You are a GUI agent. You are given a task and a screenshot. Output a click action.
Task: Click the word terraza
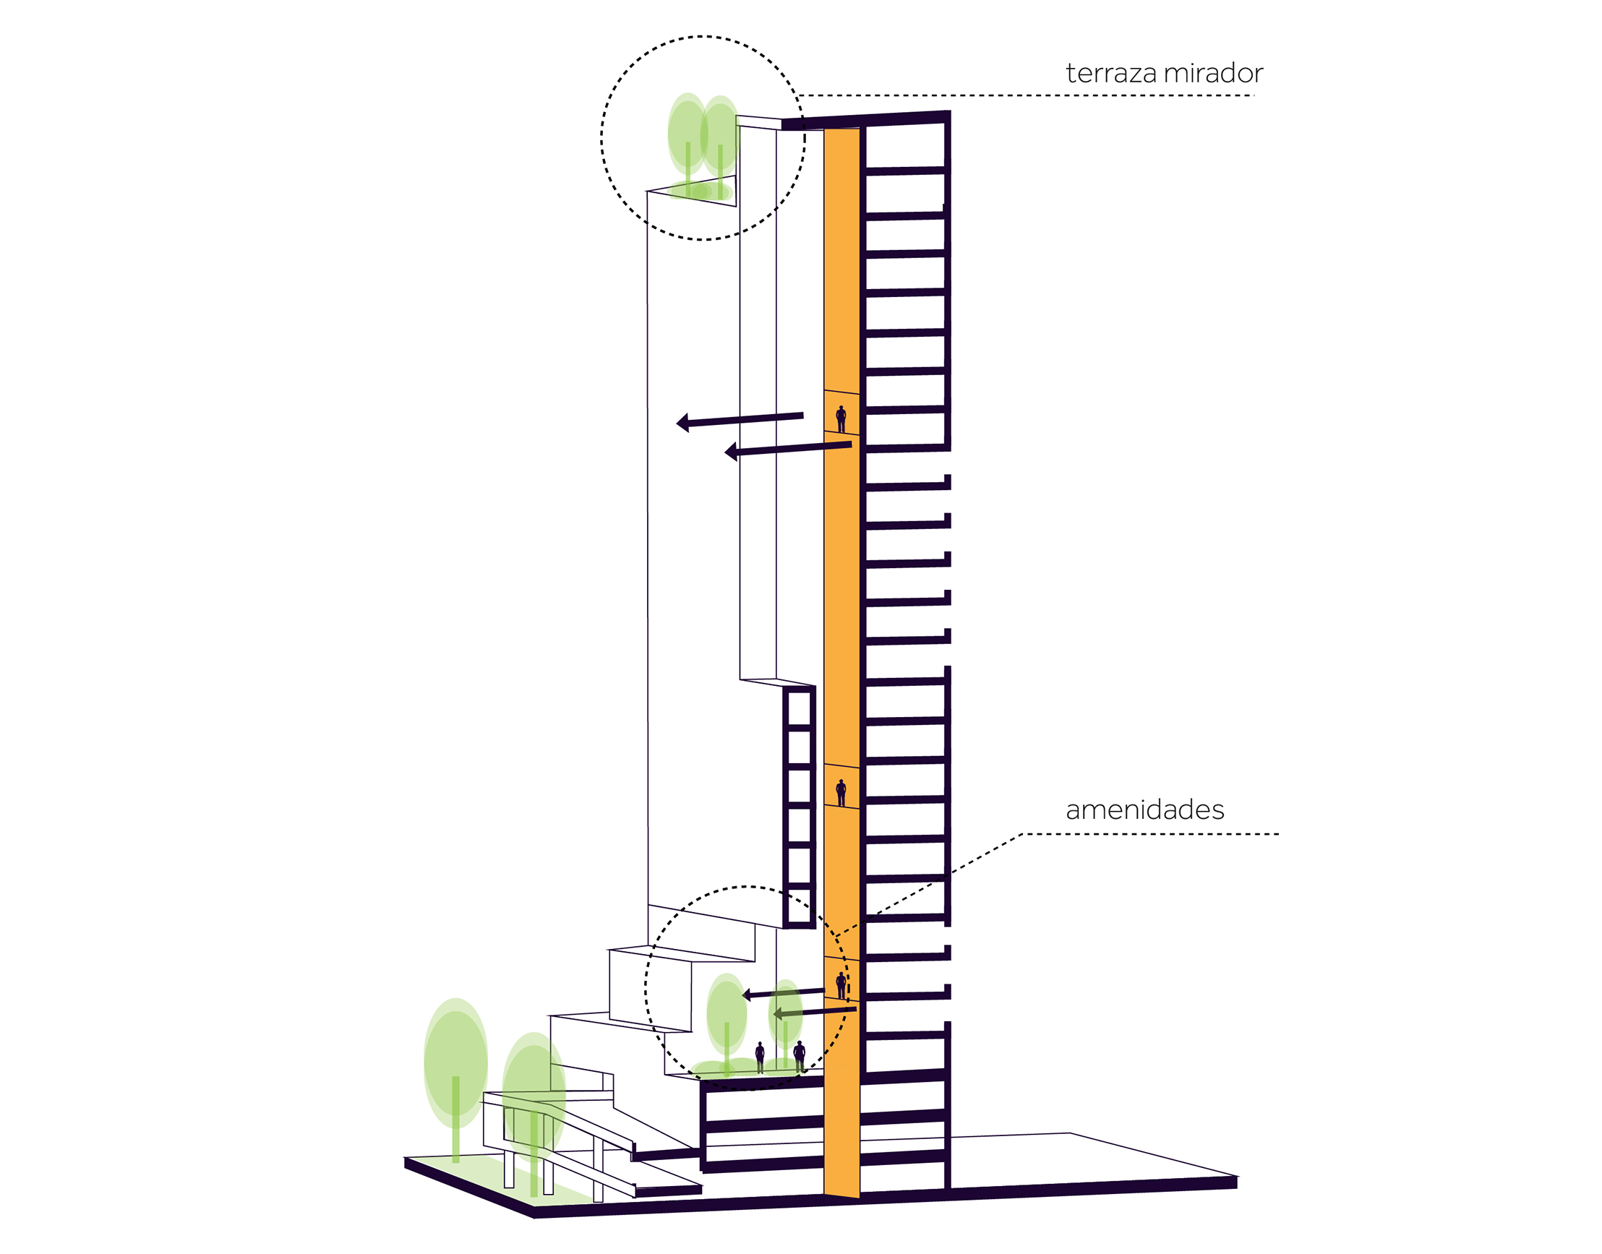point(1111,74)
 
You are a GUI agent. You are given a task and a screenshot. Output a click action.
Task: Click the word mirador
point(1214,74)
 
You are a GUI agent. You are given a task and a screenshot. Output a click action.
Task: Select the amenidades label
point(1144,809)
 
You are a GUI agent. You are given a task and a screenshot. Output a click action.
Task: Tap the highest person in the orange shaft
point(841,418)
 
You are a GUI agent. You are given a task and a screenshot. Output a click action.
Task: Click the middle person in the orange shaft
point(841,792)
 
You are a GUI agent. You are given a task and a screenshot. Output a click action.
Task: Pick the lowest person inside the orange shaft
point(841,985)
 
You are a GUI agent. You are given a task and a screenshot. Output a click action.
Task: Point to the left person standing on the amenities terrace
point(760,1057)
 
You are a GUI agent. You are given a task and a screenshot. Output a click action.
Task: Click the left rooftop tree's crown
point(687,132)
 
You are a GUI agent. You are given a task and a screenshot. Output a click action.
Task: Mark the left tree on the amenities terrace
point(726,1013)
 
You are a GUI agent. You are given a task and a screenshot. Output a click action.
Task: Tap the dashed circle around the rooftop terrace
point(602,138)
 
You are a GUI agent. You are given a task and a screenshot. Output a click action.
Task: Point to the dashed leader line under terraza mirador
point(1028,95)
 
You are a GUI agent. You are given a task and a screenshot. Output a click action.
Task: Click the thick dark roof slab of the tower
point(866,119)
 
